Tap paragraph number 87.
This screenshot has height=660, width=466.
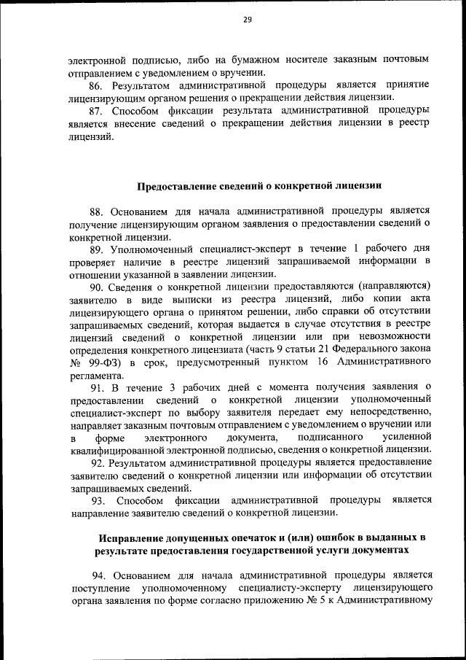(x=98, y=111)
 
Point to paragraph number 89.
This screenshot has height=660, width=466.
(x=98, y=249)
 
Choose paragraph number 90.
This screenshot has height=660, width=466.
(x=98, y=287)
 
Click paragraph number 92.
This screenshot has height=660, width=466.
(x=98, y=462)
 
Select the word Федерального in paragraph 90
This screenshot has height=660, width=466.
(x=352, y=349)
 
